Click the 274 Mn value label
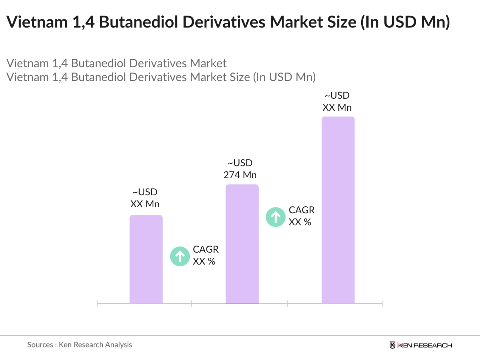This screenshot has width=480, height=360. pos(240,175)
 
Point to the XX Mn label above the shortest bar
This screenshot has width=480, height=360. pos(145,204)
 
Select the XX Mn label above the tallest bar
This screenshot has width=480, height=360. pos(337,107)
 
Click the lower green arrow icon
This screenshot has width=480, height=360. pos(180,256)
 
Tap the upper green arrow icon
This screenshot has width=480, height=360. pos(276,217)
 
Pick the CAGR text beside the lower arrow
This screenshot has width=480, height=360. pos(206,249)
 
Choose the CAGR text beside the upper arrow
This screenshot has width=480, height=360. pos(302,210)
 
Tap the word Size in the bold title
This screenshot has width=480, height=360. pos(340,22)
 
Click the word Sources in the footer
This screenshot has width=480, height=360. pos(40,345)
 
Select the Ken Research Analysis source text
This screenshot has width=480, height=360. pos(95,345)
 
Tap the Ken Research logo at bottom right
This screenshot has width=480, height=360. pos(421,345)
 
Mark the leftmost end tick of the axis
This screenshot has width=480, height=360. pos(97,304)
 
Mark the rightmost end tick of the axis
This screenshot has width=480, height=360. pos(383,304)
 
